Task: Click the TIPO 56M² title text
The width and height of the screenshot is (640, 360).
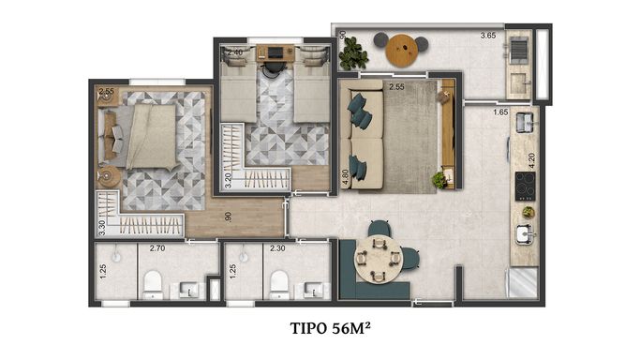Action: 330,328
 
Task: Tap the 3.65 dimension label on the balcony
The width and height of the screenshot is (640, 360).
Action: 488,36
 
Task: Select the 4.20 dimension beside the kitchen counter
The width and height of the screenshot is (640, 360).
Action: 531,161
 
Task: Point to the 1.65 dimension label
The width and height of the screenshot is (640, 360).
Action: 500,112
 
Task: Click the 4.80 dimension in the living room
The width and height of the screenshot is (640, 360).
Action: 346,177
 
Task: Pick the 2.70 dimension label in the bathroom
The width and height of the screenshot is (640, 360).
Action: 157,247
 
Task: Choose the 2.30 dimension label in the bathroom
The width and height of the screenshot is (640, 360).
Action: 277,247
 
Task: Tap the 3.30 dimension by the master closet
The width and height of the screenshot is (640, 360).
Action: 102,228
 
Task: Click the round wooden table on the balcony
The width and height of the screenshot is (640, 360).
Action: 402,51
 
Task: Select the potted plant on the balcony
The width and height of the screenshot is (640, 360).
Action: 352,53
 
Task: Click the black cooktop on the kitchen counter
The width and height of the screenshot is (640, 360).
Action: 526,187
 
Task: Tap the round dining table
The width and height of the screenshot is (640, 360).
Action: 379,259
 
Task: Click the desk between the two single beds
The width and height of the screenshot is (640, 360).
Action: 275,53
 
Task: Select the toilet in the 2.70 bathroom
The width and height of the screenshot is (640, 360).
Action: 153,284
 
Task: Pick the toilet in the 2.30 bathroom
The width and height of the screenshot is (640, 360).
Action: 279,284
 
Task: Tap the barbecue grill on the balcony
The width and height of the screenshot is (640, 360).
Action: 519,50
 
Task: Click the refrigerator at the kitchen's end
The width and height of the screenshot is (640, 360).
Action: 523,283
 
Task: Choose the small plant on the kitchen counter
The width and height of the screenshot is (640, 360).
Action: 528,212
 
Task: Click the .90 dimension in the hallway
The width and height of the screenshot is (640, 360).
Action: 229,217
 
